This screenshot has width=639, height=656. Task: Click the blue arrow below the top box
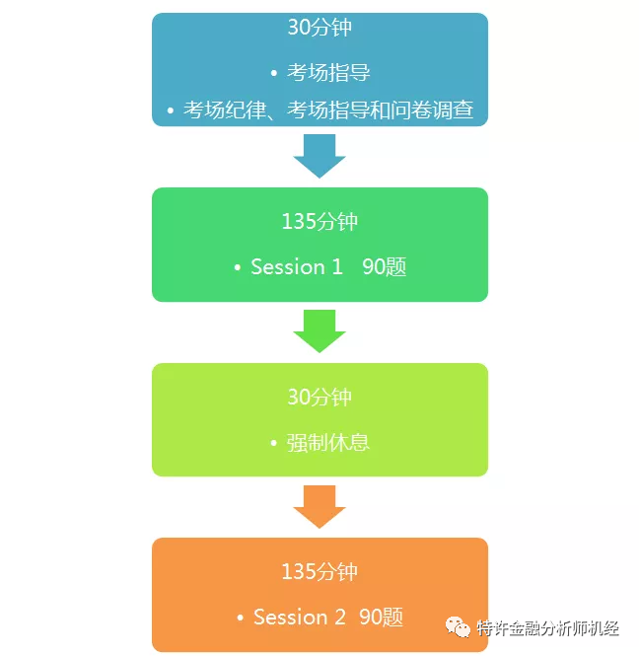coord(319,155)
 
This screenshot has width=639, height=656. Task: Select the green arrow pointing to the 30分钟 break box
coord(319,330)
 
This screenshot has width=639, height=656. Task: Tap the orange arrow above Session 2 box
coord(319,506)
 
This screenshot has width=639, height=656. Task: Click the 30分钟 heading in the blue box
coord(319,28)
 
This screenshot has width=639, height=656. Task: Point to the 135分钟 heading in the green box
coord(319,222)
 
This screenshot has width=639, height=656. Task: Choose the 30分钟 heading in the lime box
coord(319,398)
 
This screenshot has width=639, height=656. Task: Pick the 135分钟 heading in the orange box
coord(319,572)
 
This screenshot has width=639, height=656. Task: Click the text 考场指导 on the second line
coord(328,73)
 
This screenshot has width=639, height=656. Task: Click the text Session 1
coord(296,267)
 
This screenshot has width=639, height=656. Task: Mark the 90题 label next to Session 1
coord(384,267)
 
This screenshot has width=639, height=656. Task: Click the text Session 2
coord(299,618)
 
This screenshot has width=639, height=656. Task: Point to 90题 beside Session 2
coord(381,618)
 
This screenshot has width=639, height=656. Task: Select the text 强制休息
coord(328,442)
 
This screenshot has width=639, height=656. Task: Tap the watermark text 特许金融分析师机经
coord(548,627)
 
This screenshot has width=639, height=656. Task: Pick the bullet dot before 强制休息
coord(273,443)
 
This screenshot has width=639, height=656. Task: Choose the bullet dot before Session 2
coord(240,619)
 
